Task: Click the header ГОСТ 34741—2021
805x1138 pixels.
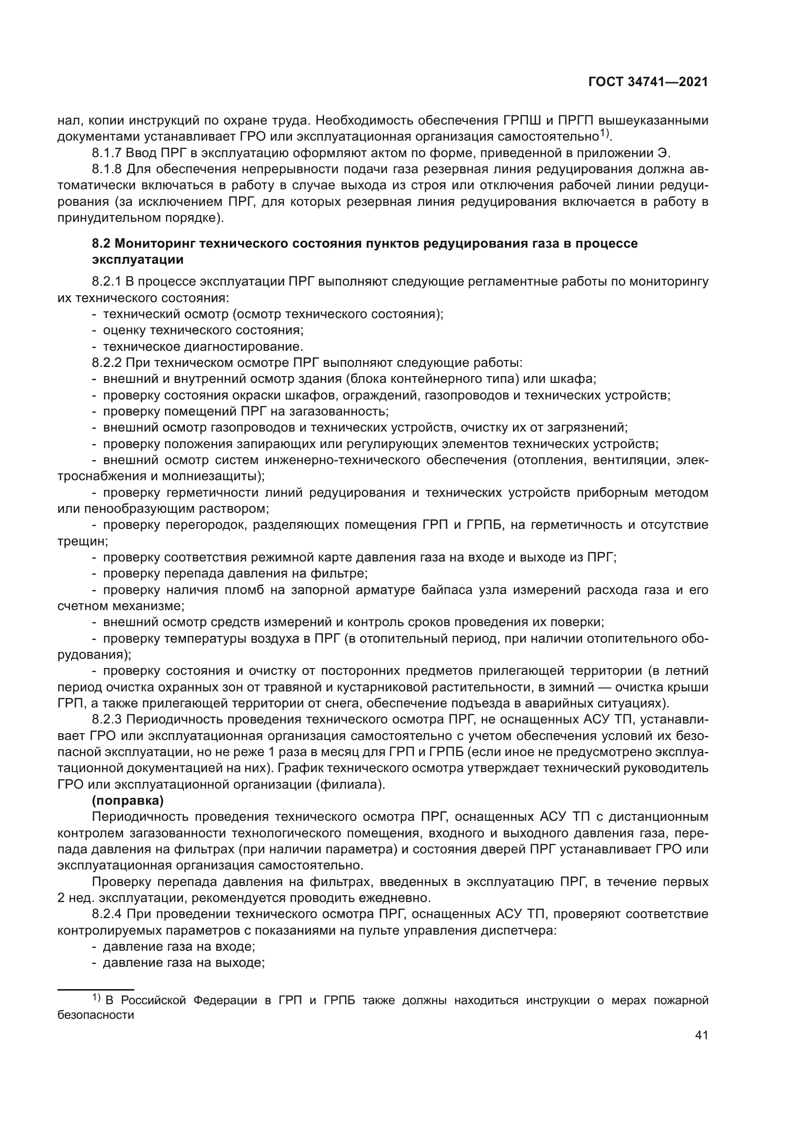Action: tap(648, 82)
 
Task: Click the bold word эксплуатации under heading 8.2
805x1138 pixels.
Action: tap(138, 260)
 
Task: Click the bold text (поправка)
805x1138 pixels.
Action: tap(128, 800)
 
